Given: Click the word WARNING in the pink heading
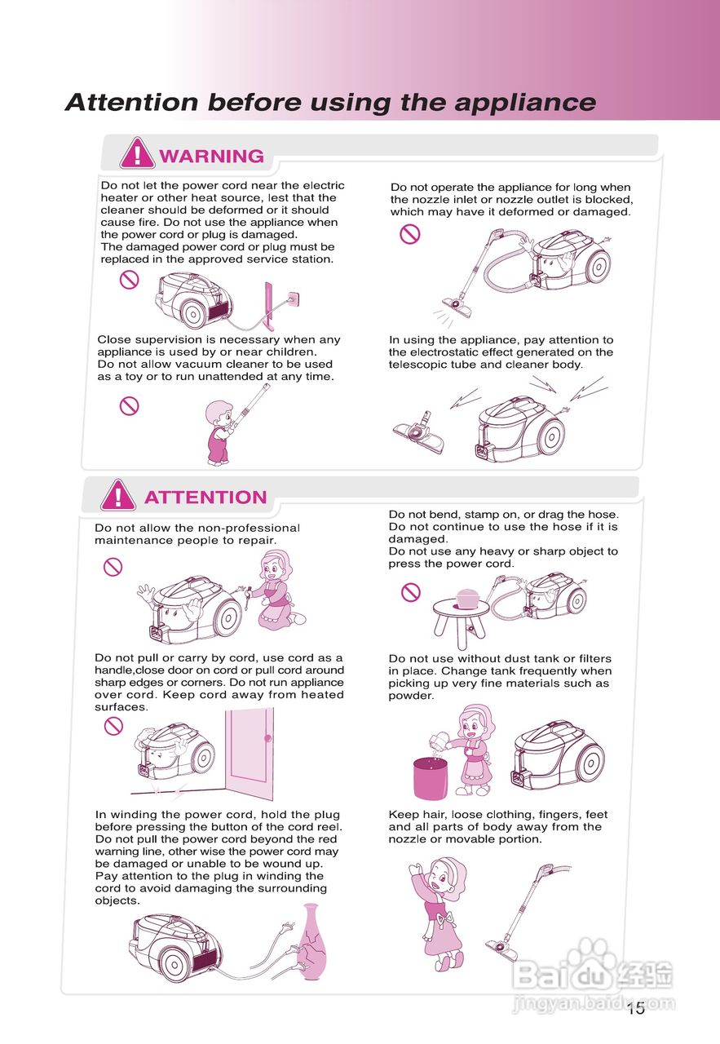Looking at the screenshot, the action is pyautogui.click(x=211, y=156).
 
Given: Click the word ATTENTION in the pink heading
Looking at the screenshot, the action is pyautogui.click(x=205, y=498).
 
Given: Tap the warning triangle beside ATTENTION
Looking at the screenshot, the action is pyautogui.click(x=118, y=494).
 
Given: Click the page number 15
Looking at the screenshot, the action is pyautogui.click(x=636, y=1008).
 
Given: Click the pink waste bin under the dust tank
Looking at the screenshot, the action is pyautogui.click(x=431, y=778).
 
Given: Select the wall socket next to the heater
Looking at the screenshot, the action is pyautogui.click(x=294, y=298).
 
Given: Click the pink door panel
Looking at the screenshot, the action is pyautogui.click(x=250, y=754).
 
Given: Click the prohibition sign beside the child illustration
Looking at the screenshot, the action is pyautogui.click(x=129, y=405).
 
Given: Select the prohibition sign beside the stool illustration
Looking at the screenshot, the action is pyautogui.click(x=411, y=592).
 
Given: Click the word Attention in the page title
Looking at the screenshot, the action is pyautogui.click(x=132, y=102).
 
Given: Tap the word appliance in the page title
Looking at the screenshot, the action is pyautogui.click(x=525, y=103).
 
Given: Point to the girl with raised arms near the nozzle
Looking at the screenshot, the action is pyautogui.click(x=439, y=914).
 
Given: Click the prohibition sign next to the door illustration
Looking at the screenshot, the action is pyautogui.click(x=113, y=726).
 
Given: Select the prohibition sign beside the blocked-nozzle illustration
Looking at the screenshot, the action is pyautogui.click(x=410, y=234).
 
